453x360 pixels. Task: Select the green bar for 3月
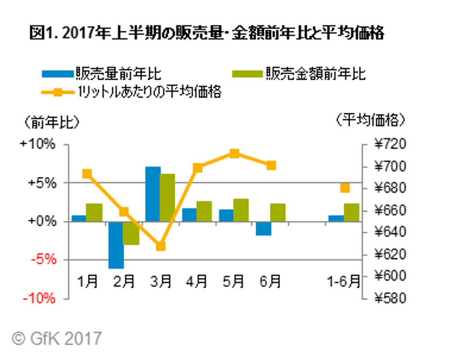click(168, 197)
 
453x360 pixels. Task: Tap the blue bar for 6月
click(263, 228)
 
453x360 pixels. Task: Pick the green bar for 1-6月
click(351, 212)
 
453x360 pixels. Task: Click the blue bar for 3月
click(153, 194)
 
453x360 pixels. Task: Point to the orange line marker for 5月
click(234, 154)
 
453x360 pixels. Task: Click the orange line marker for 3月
click(160, 246)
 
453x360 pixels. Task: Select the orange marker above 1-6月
click(345, 188)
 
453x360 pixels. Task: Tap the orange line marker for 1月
click(87, 174)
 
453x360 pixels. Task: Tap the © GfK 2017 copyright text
click(57, 338)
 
